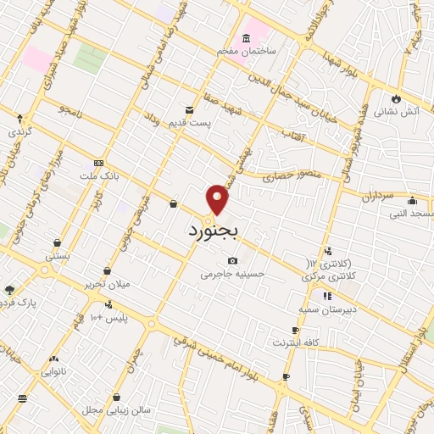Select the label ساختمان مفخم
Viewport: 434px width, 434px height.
pos(247,52)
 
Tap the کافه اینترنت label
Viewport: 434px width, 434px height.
pos(293,342)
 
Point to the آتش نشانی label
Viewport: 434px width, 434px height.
pos(399,110)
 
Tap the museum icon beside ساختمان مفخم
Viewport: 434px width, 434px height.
pos(246,38)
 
